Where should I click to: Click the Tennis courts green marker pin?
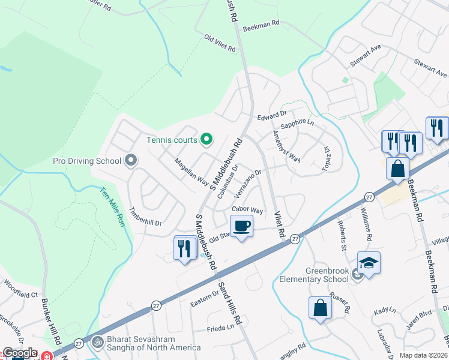(x=207, y=140)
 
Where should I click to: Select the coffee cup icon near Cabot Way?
(x=241, y=227)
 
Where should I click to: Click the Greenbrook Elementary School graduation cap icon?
(x=369, y=263)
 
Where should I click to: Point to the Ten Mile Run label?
(x=111, y=204)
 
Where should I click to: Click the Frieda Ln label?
(x=220, y=328)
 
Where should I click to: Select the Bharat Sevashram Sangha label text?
(x=153, y=344)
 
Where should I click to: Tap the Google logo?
(x=20, y=353)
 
